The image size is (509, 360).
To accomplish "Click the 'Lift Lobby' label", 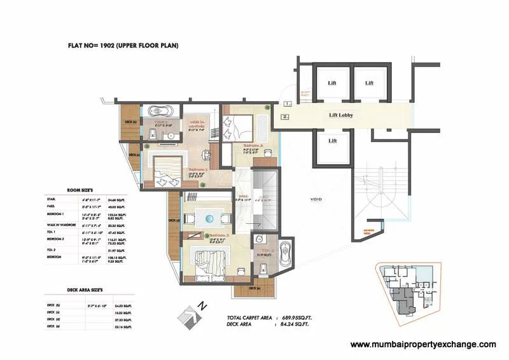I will click(x=341, y=115).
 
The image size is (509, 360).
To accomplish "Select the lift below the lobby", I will click(x=332, y=141).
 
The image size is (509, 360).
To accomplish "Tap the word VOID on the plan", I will click(x=316, y=199).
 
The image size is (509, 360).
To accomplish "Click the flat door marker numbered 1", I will click(x=288, y=103).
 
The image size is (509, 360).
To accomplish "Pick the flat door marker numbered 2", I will click(x=286, y=117).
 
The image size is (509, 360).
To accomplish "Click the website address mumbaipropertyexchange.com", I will click(x=423, y=344).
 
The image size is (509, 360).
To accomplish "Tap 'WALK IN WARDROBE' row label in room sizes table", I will click(x=57, y=224).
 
